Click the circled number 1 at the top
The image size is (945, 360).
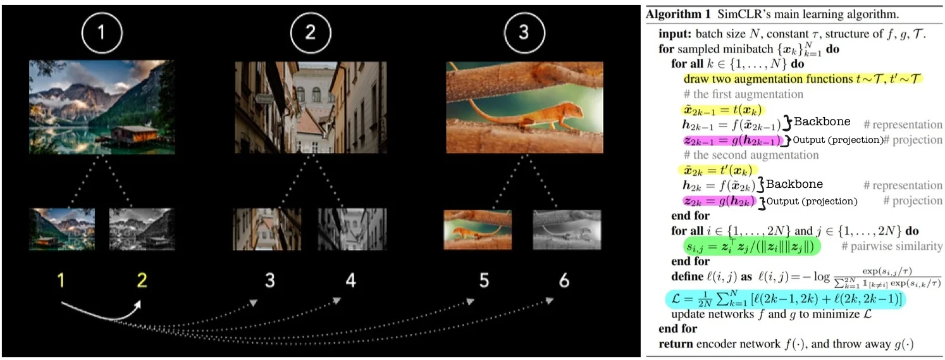102,32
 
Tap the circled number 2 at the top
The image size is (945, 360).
311,32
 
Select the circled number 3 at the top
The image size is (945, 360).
524,32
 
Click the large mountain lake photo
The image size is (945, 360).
102,107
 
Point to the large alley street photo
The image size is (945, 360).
311,107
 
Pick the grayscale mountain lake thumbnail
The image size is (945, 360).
142,229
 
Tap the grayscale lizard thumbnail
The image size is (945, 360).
567,230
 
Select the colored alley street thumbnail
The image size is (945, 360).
267,229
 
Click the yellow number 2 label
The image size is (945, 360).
142,280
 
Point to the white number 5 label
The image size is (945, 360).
484,280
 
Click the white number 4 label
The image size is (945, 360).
350,280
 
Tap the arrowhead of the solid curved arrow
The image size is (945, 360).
137,305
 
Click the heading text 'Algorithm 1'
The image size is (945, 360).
678,15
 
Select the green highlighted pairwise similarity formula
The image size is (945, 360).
751,247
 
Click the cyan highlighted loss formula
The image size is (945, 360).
786,299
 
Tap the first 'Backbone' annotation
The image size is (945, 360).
822,121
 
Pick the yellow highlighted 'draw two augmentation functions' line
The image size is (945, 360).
803,79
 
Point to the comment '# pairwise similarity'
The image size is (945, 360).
891,246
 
